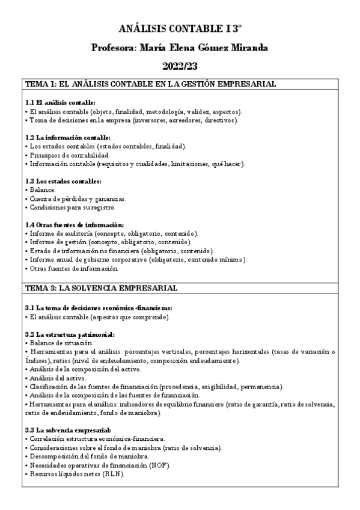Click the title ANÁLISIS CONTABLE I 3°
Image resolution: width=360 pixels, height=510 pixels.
pos(180,28)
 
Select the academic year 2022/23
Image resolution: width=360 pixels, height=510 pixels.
pos(180,67)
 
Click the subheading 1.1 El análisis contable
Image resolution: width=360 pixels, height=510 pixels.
pos(61,103)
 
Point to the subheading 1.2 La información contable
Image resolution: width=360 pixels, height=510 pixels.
pos(65,138)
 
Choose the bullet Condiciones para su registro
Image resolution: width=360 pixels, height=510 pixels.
pos(73,207)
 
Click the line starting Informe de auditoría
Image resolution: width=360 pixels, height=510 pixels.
pos(114,233)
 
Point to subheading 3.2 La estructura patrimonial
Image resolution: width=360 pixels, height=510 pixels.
pos(70,334)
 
